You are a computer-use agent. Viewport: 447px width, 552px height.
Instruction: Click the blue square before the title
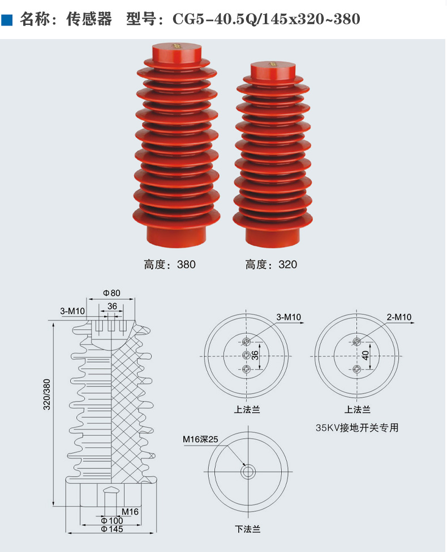7,20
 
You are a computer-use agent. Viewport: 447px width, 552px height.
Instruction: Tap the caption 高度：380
170,264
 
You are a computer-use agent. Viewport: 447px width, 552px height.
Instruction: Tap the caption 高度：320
271,264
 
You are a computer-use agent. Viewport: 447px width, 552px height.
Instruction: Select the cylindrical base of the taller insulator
177,232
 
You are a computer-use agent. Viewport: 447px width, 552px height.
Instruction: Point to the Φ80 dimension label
112,293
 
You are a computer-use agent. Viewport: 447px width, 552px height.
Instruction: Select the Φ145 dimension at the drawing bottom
111,529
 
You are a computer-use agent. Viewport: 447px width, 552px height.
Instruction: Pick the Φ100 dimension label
111,520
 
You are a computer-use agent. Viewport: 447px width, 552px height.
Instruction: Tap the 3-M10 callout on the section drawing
72,311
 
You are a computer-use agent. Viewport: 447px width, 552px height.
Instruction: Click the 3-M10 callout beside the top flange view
289,317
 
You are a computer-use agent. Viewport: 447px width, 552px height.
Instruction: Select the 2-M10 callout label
399,317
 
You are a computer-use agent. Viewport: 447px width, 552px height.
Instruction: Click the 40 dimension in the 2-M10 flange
366,355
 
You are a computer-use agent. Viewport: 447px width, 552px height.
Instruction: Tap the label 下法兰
247,529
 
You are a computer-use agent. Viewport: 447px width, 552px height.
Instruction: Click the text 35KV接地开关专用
357,428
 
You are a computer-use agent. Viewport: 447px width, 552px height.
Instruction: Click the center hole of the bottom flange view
247,472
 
